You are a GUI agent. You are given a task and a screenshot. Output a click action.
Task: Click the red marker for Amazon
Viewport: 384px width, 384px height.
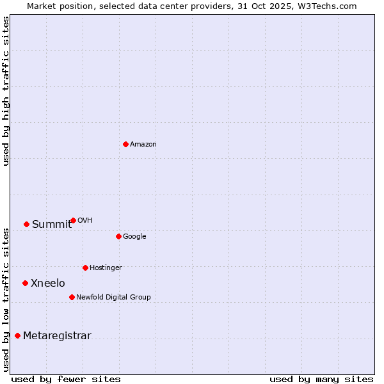[125, 144]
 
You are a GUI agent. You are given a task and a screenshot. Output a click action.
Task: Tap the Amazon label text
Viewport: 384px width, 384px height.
[143, 145]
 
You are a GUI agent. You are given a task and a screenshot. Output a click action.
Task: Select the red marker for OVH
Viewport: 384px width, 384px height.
[73, 220]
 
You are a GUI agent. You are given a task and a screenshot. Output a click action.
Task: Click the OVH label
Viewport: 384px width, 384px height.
[84, 221]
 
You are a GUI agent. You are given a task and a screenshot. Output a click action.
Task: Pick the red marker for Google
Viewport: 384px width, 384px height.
[118, 236]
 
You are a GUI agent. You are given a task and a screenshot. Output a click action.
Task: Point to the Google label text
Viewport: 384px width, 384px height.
[134, 237]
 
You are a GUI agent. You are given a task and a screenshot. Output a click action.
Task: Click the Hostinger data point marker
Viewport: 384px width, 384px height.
[85, 268]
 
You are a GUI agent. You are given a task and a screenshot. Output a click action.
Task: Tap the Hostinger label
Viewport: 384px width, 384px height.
[106, 268]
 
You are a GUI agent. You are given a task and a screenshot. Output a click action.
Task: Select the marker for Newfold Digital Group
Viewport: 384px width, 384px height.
[72, 297]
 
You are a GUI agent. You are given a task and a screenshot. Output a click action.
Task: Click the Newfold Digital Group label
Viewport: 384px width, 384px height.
[113, 298]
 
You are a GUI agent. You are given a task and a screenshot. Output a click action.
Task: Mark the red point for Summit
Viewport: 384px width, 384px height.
[26, 224]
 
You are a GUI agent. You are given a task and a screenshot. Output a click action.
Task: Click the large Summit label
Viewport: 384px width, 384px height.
[52, 225]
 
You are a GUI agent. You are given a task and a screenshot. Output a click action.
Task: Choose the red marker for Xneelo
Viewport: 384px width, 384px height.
[25, 283]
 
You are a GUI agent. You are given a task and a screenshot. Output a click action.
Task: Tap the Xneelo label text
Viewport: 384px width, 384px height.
[48, 284]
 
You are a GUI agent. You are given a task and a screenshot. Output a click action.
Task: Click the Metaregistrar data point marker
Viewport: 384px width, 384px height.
[17, 335]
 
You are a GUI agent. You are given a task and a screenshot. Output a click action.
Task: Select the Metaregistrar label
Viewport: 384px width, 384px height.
[57, 336]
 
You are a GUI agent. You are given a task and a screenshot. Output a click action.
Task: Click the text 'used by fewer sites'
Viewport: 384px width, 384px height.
[66, 379]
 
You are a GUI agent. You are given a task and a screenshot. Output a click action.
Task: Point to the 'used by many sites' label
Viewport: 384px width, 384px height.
[321, 379]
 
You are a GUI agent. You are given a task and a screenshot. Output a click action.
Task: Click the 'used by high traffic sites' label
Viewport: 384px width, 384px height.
[6, 91]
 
